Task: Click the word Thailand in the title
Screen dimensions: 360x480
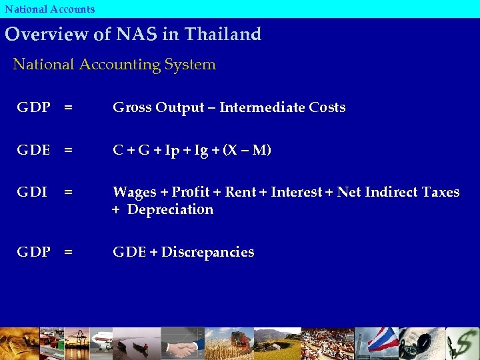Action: (x=223, y=34)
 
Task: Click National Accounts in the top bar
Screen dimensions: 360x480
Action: (x=50, y=9)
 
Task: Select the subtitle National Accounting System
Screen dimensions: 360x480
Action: (x=115, y=65)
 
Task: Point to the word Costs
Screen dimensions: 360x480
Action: (x=327, y=107)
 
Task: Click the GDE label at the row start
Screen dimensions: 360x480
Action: (x=33, y=150)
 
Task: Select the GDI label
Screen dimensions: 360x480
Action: (x=32, y=193)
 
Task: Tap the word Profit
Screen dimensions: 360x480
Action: (x=191, y=193)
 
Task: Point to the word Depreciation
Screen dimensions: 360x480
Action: (x=170, y=209)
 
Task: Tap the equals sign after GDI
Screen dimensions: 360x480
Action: (x=68, y=193)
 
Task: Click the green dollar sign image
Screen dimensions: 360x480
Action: (x=462, y=344)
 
